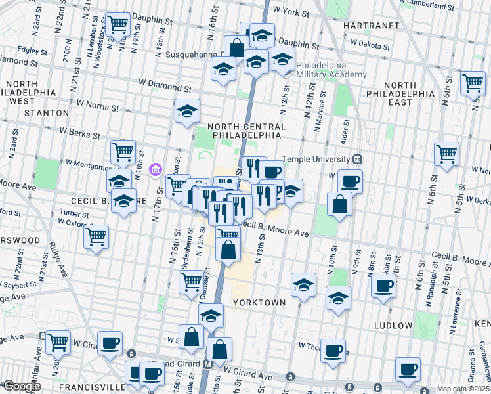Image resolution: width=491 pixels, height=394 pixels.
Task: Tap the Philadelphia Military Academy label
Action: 331,70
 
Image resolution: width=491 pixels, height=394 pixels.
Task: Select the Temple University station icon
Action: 358,158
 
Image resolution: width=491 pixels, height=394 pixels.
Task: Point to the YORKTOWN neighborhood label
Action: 259,303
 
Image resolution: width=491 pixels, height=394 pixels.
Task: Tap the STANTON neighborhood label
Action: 46,113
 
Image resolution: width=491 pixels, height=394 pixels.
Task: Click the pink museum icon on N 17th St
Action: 155,171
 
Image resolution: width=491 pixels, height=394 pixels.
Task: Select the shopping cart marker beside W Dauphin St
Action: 117,24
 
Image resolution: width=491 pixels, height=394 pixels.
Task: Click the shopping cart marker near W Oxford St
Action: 96,236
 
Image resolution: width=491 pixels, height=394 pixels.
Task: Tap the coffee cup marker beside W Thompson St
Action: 333,350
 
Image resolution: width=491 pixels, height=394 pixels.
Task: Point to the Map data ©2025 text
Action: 463,389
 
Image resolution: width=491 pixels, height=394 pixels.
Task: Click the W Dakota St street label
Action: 370,47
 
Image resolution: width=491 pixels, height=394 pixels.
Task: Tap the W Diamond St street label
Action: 165,86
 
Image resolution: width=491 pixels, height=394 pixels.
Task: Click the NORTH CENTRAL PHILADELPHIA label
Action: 246,130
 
